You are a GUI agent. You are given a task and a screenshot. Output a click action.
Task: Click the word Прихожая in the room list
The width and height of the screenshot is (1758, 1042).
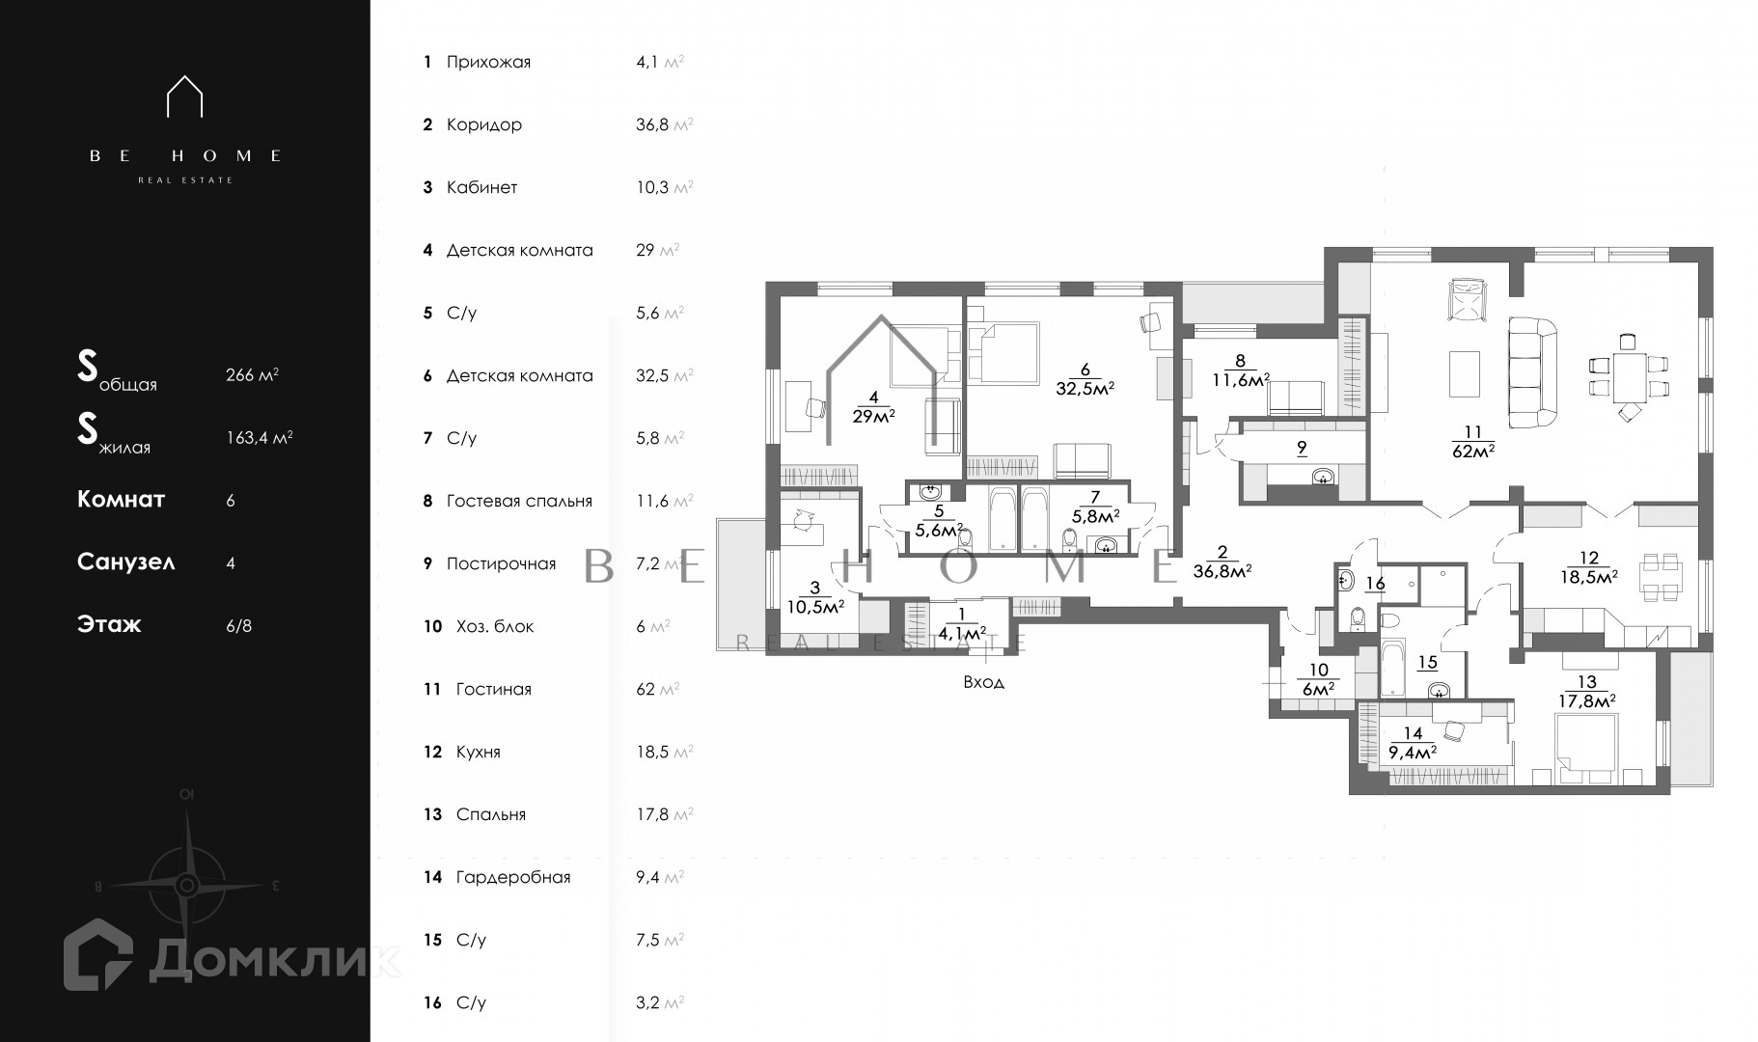pos(488,63)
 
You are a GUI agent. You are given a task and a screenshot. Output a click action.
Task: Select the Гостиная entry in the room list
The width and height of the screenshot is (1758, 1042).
pos(493,689)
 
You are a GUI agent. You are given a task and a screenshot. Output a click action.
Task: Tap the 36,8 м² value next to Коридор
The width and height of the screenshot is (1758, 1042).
pos(664,124)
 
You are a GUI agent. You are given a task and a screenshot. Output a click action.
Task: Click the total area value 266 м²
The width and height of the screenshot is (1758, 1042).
pos(252,375)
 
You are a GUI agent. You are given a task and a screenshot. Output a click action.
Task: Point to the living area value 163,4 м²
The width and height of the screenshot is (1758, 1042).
pos(259,437)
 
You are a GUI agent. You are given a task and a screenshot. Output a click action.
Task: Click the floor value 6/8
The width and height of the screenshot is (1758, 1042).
pos(238,625)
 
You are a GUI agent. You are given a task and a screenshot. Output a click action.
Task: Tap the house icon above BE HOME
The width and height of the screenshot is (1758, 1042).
pos(184,96)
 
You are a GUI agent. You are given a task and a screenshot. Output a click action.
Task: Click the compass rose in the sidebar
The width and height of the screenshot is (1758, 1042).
pos(187,885)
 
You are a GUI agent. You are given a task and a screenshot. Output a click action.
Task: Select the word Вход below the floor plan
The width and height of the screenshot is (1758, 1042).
pos(983,682)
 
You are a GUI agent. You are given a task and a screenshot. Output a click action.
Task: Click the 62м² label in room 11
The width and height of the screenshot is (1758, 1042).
pos(1472,450)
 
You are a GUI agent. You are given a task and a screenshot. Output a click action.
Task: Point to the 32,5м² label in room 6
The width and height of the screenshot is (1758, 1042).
pos(1085,388)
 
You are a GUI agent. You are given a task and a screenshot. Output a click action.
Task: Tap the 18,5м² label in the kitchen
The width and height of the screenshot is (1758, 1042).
pos(1588,577)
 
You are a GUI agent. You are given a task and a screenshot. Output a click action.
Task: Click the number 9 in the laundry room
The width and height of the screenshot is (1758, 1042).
pos(1301,447)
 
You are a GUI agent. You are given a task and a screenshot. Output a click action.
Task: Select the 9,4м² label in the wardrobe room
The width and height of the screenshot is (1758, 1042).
pos(1413,753)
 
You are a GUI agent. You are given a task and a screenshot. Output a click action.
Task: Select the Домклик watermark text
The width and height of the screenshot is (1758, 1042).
pos(275,957)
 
